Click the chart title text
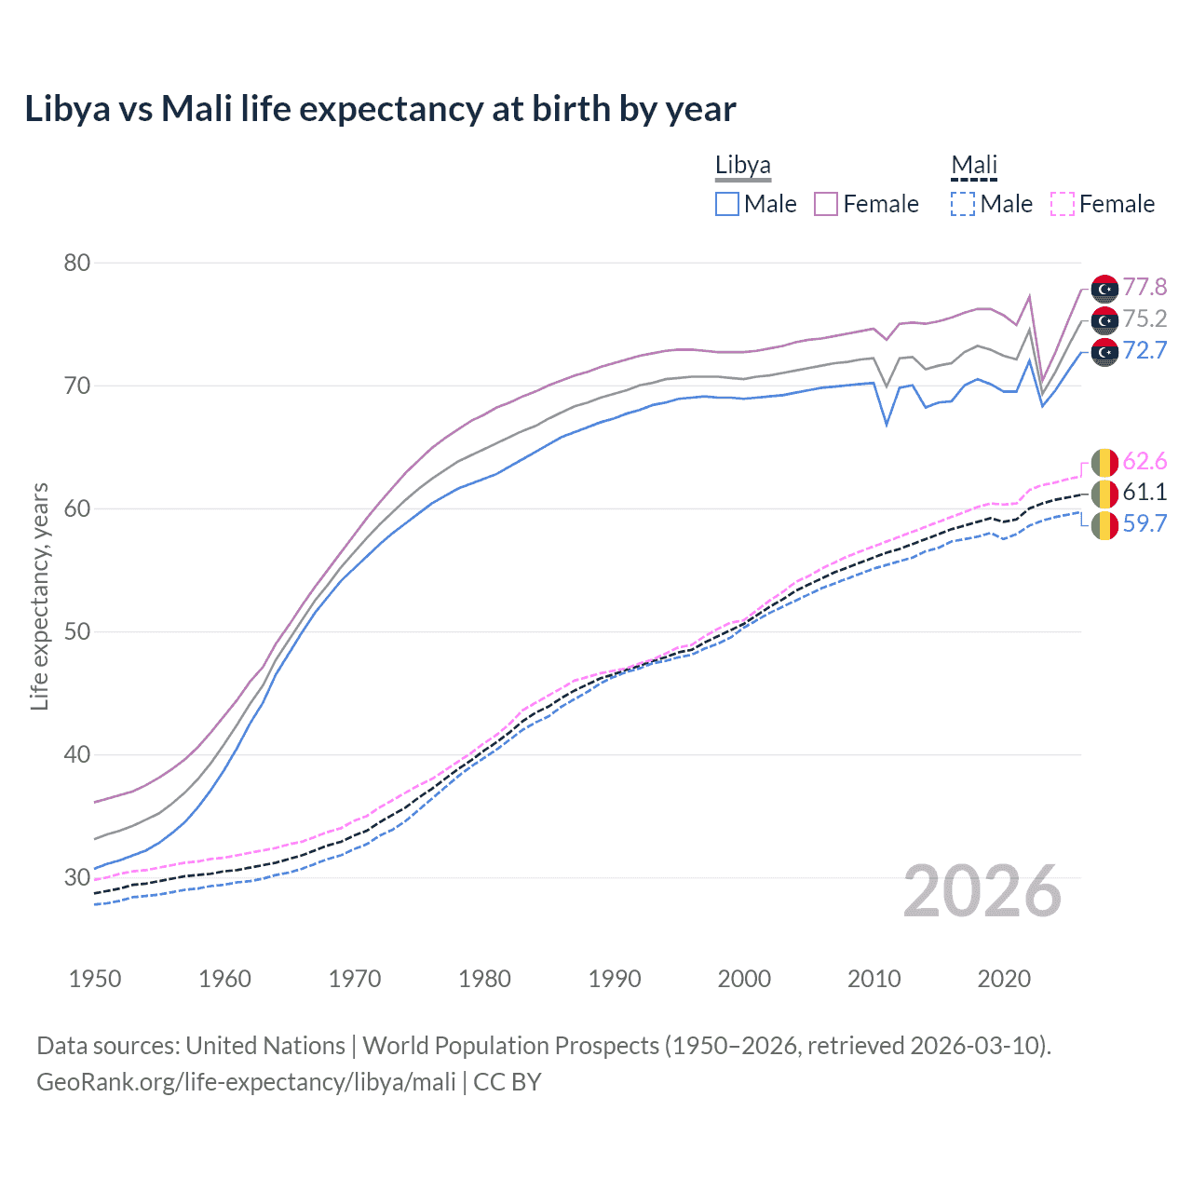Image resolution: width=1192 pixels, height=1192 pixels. pos(380,109)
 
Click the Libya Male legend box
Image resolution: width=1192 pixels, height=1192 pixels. pos(727,204)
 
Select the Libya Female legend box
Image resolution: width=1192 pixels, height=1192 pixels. pos(826,204)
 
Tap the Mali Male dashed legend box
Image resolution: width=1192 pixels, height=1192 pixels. pos(963,204)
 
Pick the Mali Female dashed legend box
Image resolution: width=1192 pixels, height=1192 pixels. pos(1062,204)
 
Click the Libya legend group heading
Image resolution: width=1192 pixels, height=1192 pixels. pos(742,166)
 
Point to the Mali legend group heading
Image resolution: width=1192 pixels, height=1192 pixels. pos(974,166)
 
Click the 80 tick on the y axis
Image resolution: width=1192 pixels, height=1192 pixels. pos(77,264)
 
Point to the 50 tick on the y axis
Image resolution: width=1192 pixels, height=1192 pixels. pos(77,632)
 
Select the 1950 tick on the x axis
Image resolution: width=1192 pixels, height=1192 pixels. pos(95,979)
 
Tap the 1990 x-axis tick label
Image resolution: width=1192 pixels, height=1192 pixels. pos(615,979)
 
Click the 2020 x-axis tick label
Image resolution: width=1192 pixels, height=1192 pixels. pos(1004,979)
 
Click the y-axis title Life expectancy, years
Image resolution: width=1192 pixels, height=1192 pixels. pos(39,596)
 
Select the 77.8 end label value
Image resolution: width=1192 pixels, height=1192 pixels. pos(1145,288)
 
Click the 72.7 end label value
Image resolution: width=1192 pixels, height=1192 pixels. pos(1145,351)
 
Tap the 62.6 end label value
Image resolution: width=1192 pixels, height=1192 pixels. pos(1145,462)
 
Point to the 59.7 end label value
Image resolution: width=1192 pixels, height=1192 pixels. pos(1145,524)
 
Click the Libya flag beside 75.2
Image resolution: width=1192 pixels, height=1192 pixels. pos(1104,320)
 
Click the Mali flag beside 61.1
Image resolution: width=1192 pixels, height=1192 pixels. pos(1104,494)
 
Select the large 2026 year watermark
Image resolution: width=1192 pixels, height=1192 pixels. pos(982,892)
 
